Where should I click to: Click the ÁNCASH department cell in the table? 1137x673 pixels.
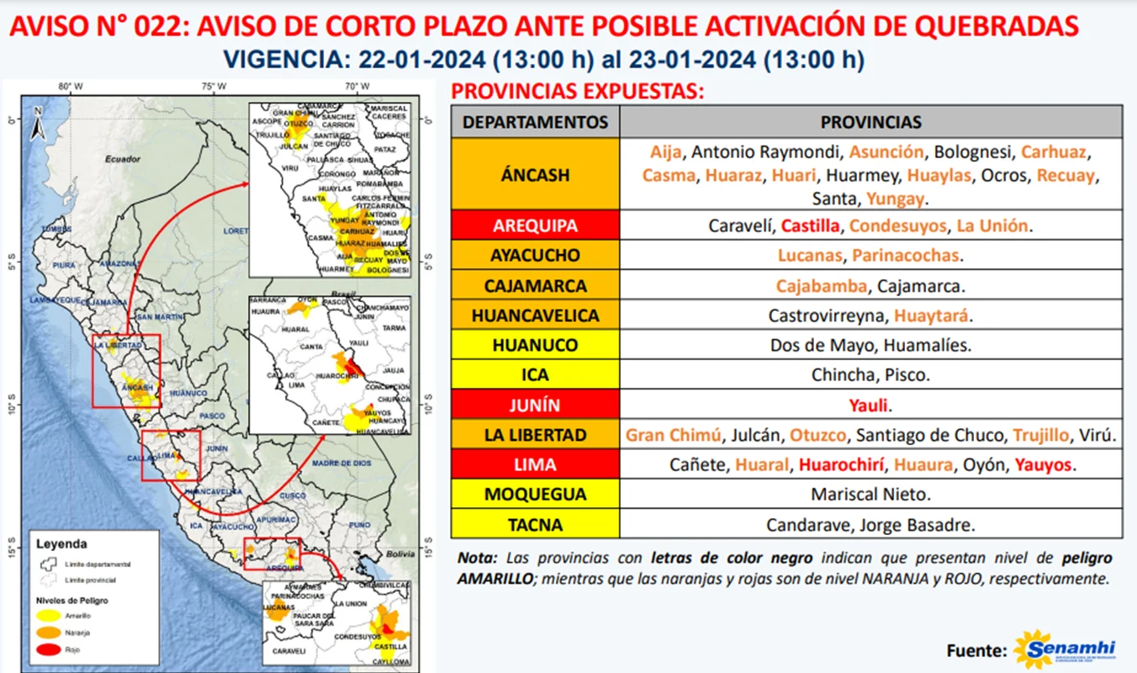click(x=535, y=175)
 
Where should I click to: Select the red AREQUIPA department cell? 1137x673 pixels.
click(x=535, y=225)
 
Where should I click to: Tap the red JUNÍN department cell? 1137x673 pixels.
click(x=535, y=405)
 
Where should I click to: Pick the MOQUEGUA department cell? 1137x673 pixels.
click(x=535, y=495)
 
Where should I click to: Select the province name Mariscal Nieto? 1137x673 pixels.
click(x=870, y=495)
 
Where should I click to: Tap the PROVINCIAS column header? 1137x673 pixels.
click(x=870, y=122)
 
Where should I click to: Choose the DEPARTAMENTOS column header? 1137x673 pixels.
click(x=535, y=122)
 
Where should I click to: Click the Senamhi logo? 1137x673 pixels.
click(x=1065, y=649)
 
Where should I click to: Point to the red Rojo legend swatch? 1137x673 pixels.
click(x=48, y=649)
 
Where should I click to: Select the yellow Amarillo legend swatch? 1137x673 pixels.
click(x=48, y=616)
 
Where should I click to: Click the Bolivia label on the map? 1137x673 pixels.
click(x=402, y=554)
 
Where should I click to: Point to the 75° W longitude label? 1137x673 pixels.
click(x=214, y=87)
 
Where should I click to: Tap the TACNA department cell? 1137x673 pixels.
click(x=535, y=525)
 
